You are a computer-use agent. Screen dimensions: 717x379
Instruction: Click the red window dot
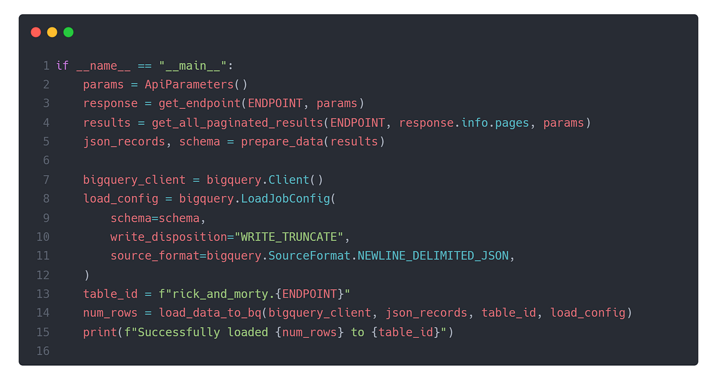[x=36, y=32]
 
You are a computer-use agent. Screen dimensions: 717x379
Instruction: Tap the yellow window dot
[x=52, y=32]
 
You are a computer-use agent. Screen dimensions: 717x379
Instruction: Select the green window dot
[x=68, y=32]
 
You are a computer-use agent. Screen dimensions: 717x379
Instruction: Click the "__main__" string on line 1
[x=193, y=66]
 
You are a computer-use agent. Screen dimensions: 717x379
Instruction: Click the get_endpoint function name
[x=200, y=103]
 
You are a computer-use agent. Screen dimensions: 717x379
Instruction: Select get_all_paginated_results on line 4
[x=237, y=123]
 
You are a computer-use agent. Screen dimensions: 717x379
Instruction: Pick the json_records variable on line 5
[x=124, y=142]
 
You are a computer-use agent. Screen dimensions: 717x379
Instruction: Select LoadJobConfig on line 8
[x=285, y=198]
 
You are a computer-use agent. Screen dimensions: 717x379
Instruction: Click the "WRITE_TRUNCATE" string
[x=289, y=237]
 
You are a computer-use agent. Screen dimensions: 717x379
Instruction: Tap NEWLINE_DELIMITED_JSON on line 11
[x=433, y=256]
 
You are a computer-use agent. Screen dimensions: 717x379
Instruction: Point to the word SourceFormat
[x=309, y=256]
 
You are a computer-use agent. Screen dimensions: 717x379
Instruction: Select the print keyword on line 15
[x=100, y=332]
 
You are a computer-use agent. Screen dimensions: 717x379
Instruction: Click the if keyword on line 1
[x=62, y=66]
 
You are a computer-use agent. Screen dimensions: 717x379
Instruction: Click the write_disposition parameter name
[x=168, y=237]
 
